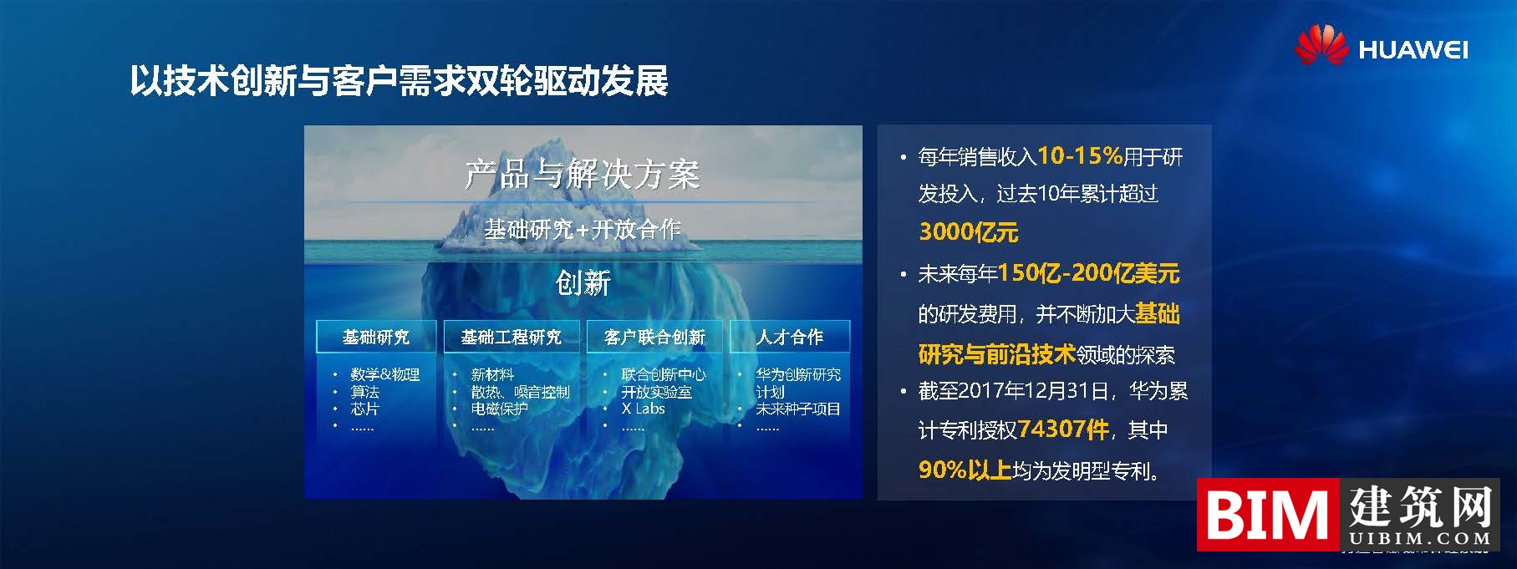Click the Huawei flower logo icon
click(x=1321, y=45)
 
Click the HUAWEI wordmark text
click(x=1413, y=50)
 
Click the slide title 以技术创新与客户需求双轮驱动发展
click(x=399, y=81)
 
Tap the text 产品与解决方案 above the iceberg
click(x=582, y=174)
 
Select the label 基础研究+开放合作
click(x=582, y=228)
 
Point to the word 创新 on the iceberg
click(x=583, y=283)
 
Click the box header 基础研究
click(x=376, y=337)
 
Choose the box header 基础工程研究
click(x=511, y=337)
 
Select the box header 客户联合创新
click(x=654, y=337)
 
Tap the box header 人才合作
click(x=790, y=337)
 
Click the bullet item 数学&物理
click(x=384, y=374)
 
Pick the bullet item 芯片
click(x=365, y=409)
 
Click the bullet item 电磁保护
click(x=499, y=409)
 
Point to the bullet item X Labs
click(x=643, y=409)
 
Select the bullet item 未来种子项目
click(x=797, y=409)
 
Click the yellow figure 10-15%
click(x=1079, y=155)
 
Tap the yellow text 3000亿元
click(x=968, y=231)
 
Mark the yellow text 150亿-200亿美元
click(x=1088, y=273)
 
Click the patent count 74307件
click(x=1064, y=429)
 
